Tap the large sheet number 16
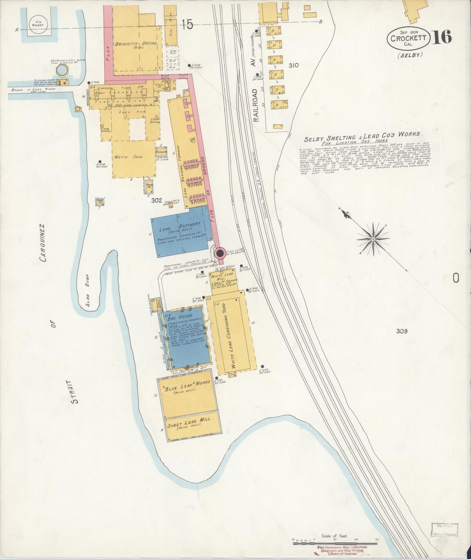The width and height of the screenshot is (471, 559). tap(442, 37)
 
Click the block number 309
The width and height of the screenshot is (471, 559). tap(402, 331)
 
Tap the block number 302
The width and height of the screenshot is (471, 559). tap(156, 201)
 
